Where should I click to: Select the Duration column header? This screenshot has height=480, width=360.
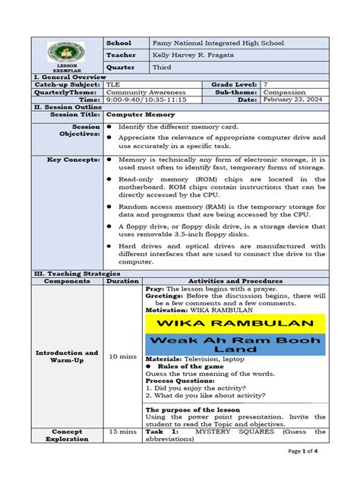[123, 280]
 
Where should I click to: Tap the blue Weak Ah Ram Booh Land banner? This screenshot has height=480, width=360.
[236, 346]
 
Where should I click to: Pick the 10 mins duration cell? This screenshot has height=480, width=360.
[123, 355]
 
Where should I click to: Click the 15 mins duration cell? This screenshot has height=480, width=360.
[123, 431]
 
